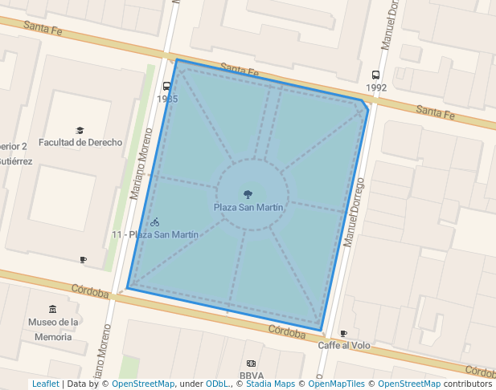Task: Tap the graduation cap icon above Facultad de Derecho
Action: (80, 130)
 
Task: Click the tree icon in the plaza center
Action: (248, 193)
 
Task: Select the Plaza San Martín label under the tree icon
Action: (248, 207)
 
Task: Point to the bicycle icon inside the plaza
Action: (154, 221)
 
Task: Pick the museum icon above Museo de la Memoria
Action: (53, 309)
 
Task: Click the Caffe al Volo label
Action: (344, 345)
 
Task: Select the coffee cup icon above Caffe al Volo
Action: (343, 333)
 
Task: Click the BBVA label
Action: (252, 375)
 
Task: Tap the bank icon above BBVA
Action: (251, 364)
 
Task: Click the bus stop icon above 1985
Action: (167, 86)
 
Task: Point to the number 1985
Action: (167, 99)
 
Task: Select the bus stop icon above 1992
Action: (376, 75)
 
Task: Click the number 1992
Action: (376, 87)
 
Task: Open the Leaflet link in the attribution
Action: (45, 384)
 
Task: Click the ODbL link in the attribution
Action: (216, 384)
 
